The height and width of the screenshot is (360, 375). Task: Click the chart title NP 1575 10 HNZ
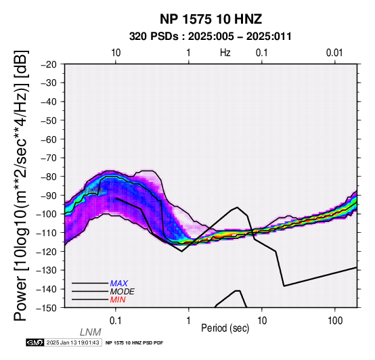click(x=211, y=19)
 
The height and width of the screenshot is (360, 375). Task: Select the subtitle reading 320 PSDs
click(x=154, y=37)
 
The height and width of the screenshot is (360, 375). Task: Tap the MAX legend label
click(x=119, y=284)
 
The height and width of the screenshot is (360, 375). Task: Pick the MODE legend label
click(x=123, y=292)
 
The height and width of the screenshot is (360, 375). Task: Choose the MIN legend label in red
click(x=118, y=300)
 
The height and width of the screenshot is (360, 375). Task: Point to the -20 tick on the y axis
click(x=49, y=64)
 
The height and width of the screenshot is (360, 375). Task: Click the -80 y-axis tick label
click(x=49, y=177)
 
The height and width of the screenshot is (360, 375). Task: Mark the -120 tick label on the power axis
click(x=46, y=252)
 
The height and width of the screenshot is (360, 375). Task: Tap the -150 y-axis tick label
click(x=46, y=308)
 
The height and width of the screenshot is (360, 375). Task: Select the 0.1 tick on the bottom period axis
click(x=115, y=321)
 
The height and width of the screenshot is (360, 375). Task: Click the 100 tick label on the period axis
click(x=335, y=321)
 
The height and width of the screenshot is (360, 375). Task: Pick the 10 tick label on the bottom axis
click(x=262, y=321)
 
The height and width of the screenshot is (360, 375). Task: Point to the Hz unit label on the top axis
click(x=225, y=53)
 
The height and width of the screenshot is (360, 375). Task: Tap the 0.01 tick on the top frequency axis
click(x=334, y=53)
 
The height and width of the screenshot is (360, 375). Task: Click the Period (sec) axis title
click(x=225, y=328)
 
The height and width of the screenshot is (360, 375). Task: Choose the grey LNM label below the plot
click(x=91, y=332)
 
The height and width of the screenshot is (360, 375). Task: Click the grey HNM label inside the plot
click(x=92, y=191)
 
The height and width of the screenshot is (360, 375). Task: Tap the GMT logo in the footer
click(x=35, y=342)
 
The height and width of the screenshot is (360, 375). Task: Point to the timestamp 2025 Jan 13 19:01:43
click(x=72, y=342)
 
